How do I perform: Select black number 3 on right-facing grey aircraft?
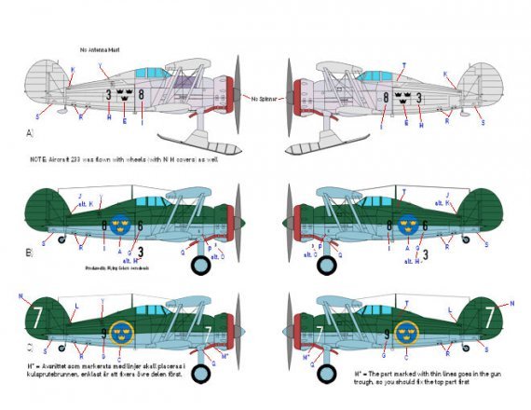click(x=109, y=94)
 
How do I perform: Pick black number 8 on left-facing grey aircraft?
click(x=385, y=95)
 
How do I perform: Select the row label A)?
click(x=30, y=133)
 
